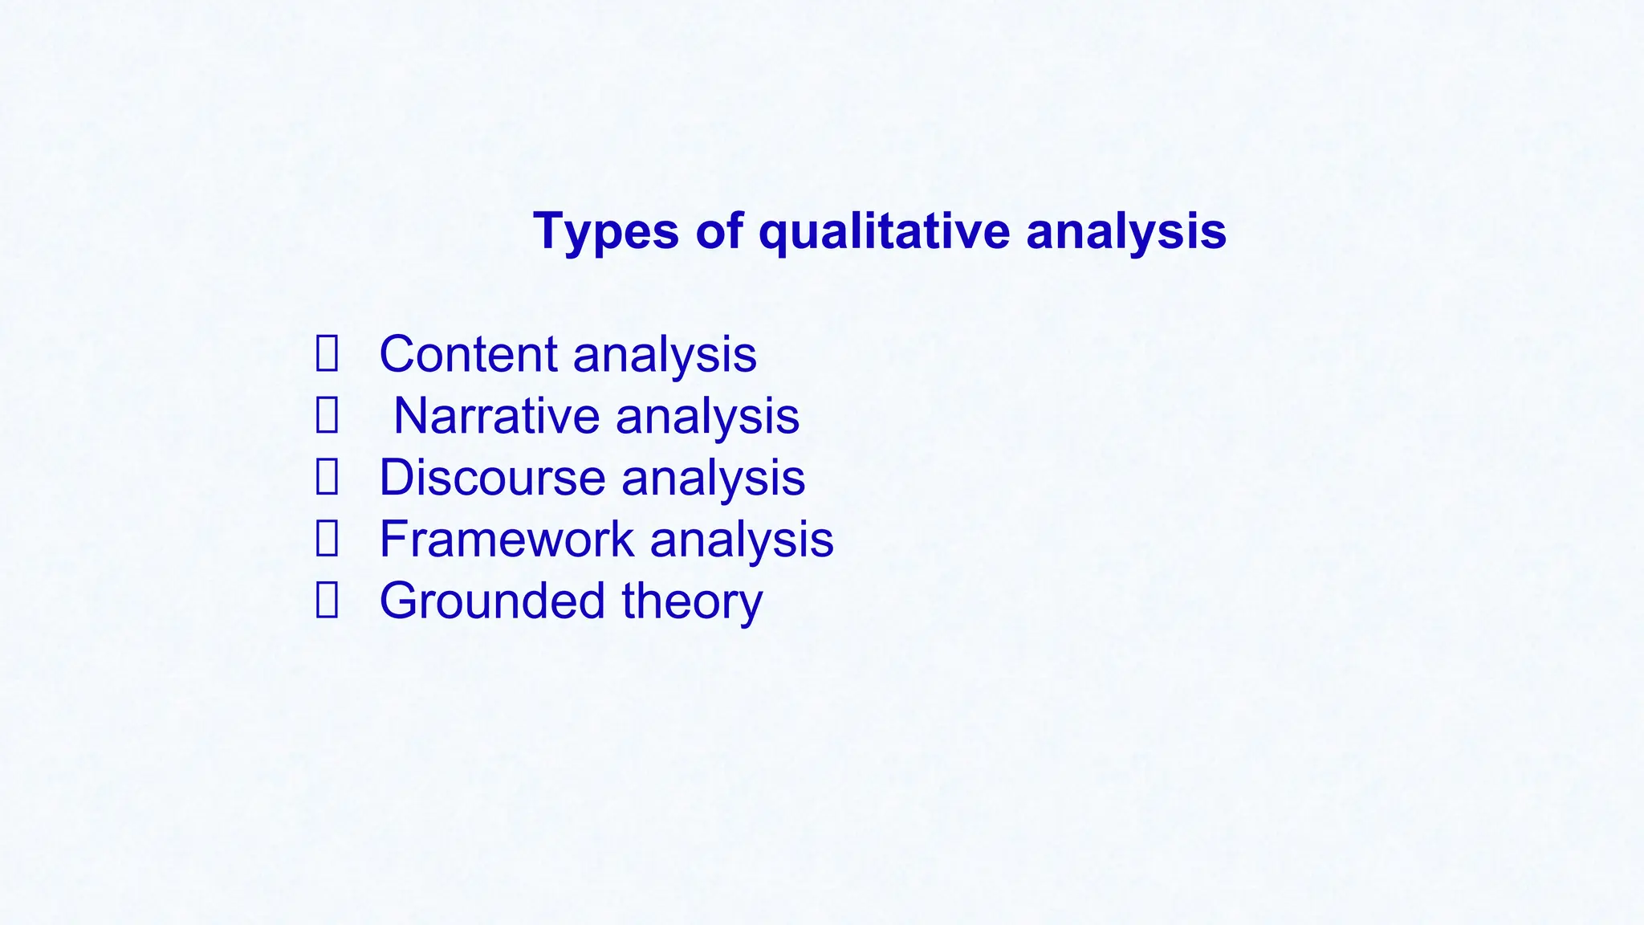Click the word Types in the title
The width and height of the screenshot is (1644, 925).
pos(606,232)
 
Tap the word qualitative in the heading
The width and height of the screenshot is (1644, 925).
pos(884,232)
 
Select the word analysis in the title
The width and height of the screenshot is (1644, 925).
pos(1125,232)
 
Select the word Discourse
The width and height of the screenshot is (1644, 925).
pos(492,478)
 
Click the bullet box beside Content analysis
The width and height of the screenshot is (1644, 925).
pos(327,354)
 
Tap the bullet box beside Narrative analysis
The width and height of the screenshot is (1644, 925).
pos(327,416)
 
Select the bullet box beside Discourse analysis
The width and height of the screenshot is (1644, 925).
pos(327,478)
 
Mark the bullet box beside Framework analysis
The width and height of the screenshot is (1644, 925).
pos(327,539)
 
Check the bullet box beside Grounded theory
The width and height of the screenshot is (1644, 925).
pos(327,601)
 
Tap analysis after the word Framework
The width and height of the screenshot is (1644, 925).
pos(742,540)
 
